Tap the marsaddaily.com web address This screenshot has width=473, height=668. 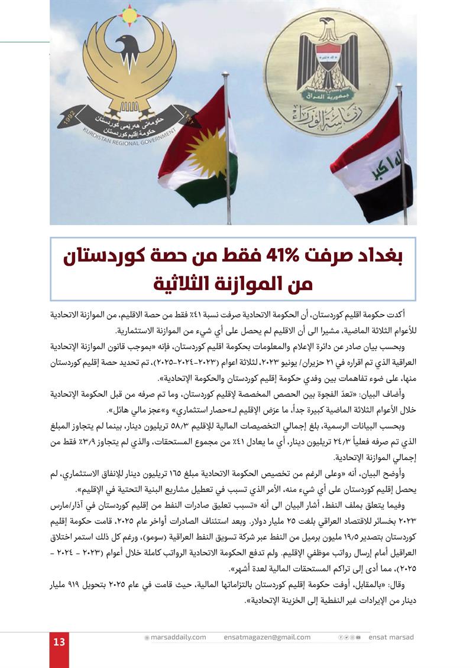[178, 637]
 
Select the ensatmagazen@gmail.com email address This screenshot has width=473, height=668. [267, 637]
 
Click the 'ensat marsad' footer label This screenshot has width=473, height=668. [391, 637]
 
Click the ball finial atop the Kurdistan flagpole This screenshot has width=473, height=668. [225, 76]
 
